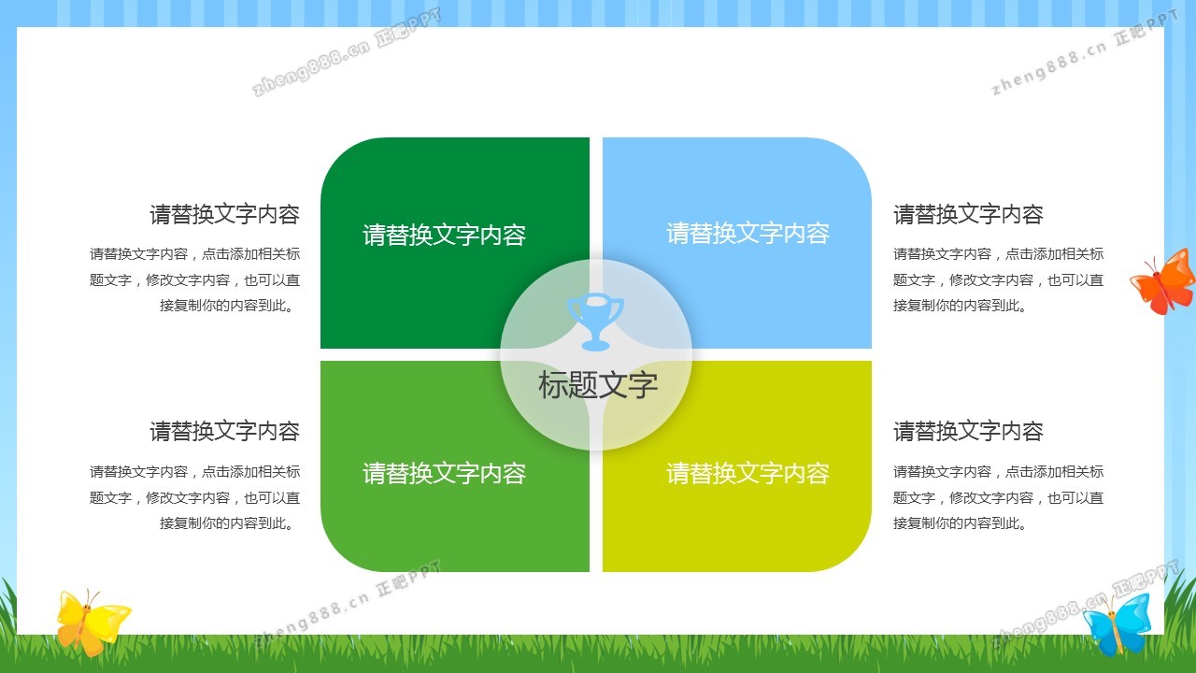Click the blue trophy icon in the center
pyautogui.click(x=595, y=322)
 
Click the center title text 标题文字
pyautogui.click(x=597, y=384)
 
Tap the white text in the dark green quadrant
pyautogui.click(x=444, y=235)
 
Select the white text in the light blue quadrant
pyautogui.click(x=748, y=234)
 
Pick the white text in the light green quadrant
pyautogui.click(x=444, y=473)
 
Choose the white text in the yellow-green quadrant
pyautogui.click(x=748, y=473)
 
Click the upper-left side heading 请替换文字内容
pyautogui.click(x=225, y=214)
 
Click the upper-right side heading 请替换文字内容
pyautogui.click(x=969, y=214)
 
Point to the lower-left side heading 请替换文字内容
pyautogui.click(x=225, y=431)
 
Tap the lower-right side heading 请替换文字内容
pyautogui.click(x=969, y=431)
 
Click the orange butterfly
pyautogui.click(x=1163, y=281)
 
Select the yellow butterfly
pyautogui.click(x=92, y=622)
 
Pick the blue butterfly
pyautogui.click(x=1117, y=623)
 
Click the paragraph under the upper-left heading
pyautogui.click(x=195, y=279)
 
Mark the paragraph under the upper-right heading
pyautogui.click(x=999, y=279)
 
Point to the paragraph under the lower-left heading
pyautogui.click(x=195, y=497)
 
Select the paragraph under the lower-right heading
pyautogui.click(x=999, y=497)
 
